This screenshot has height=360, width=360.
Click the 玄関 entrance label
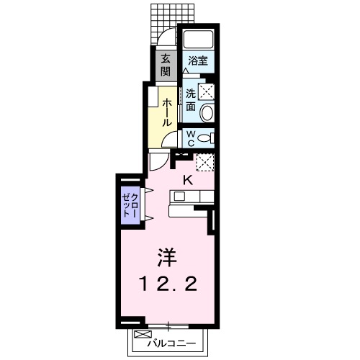(165, 65)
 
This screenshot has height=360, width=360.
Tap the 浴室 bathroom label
(197, 61)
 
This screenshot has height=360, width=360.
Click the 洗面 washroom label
(190, 99)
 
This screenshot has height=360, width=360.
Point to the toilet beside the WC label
(205, 138)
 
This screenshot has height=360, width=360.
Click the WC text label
(190, 138)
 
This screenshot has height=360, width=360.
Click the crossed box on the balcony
(140, 336)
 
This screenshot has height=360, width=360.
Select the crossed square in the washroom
(207, 91)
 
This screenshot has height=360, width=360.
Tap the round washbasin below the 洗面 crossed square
(207, 112)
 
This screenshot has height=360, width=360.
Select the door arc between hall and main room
(159, 162)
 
